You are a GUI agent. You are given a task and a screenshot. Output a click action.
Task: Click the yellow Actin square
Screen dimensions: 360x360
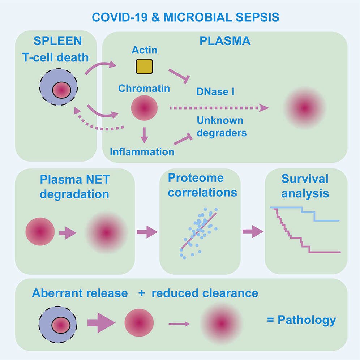point(144,67)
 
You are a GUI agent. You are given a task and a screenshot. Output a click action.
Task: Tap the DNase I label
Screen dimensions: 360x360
point(215,91)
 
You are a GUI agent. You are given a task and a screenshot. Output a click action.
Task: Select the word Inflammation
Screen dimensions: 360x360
point(142,152)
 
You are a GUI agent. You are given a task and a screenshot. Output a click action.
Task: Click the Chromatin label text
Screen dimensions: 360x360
point(144,89)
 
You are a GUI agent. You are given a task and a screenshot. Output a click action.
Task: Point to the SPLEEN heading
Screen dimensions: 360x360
point(57,41)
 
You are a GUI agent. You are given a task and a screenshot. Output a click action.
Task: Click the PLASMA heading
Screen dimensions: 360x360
point(225,41)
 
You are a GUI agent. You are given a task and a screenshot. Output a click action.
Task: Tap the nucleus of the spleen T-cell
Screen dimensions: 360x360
point(61,90)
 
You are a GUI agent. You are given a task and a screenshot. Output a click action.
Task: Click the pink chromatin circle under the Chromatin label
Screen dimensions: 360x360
point(144,108)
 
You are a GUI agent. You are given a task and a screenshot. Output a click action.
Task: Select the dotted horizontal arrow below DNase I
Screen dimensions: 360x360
point(219,108)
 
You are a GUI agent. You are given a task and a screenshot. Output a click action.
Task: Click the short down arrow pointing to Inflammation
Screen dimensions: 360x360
point(144,135)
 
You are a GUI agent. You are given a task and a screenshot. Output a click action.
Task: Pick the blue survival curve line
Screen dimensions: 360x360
point(305,214)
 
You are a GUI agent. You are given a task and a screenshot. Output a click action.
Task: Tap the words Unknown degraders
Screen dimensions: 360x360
point(222,127)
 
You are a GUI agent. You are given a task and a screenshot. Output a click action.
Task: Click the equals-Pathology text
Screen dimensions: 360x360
point(301,320)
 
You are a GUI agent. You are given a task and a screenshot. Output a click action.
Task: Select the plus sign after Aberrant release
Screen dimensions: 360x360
point(142,293)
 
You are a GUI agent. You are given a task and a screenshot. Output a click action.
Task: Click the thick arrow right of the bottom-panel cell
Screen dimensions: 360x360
point(101,322)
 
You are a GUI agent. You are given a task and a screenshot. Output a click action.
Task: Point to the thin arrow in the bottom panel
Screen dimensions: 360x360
point(179,324)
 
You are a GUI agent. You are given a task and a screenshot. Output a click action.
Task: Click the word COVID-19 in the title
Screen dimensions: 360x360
point(119,17)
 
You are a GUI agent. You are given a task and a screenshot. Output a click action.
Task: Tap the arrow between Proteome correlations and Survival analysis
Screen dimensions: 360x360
point(253,231)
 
